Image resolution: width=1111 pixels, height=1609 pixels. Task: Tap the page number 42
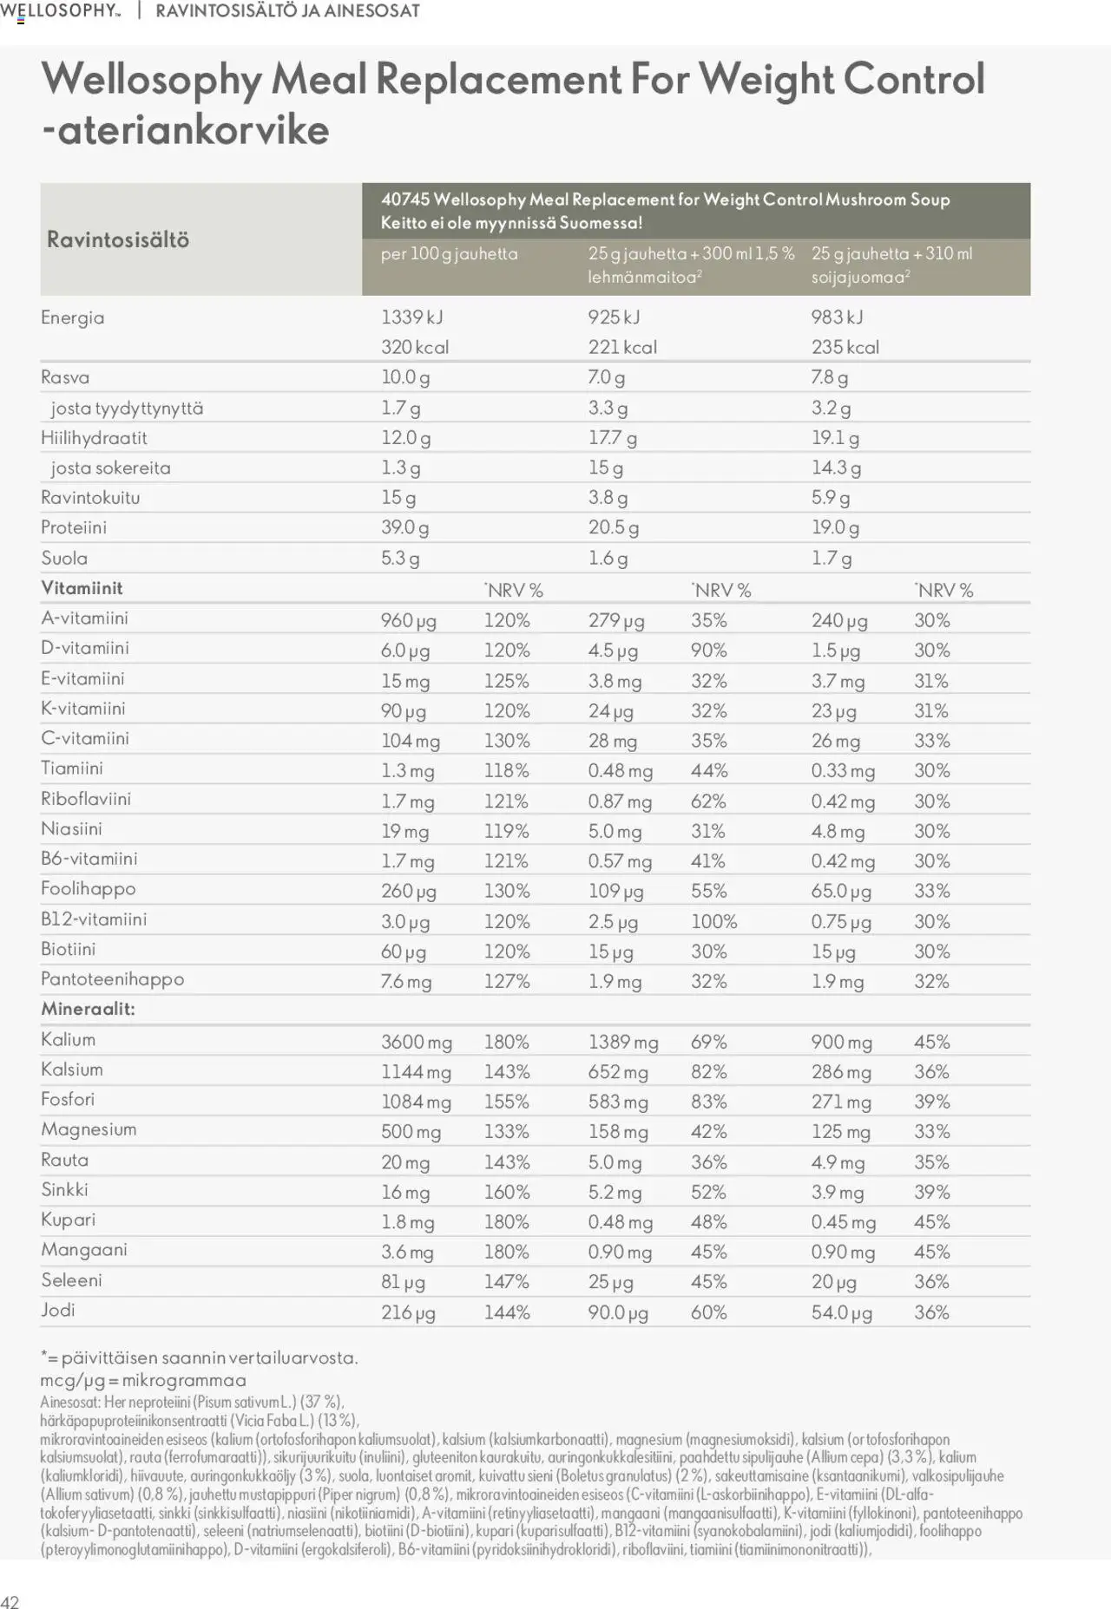(10, 1601)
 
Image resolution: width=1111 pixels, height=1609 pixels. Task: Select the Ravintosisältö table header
(118, 239)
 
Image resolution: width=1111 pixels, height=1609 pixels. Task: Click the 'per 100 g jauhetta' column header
(449, 254)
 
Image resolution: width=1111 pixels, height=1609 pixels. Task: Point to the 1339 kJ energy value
(411, 317)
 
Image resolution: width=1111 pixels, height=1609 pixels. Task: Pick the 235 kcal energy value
(845, 347)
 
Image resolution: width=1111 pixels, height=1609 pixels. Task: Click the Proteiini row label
(74, 527)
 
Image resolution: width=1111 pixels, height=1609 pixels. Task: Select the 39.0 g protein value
(404, 527)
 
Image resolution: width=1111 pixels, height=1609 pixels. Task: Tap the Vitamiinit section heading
(82, 588)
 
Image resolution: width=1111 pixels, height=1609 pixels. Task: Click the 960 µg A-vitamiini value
(408, 620)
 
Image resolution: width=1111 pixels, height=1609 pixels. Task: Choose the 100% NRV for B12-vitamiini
(713, 921)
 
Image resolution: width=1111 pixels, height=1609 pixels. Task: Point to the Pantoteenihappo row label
(112, 979)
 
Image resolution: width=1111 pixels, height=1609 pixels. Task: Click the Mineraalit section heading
(88, 1009)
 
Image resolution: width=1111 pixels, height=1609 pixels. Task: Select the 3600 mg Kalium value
(416, 1042)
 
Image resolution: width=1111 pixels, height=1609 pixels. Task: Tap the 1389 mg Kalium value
(622, 1042)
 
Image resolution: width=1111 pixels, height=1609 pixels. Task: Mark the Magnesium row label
(89, 1129)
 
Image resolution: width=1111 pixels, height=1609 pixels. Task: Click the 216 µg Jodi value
(408, 1312)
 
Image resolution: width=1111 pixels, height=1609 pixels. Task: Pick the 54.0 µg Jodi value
(841, 1312)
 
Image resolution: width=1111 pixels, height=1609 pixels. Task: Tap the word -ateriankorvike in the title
(185, 130)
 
